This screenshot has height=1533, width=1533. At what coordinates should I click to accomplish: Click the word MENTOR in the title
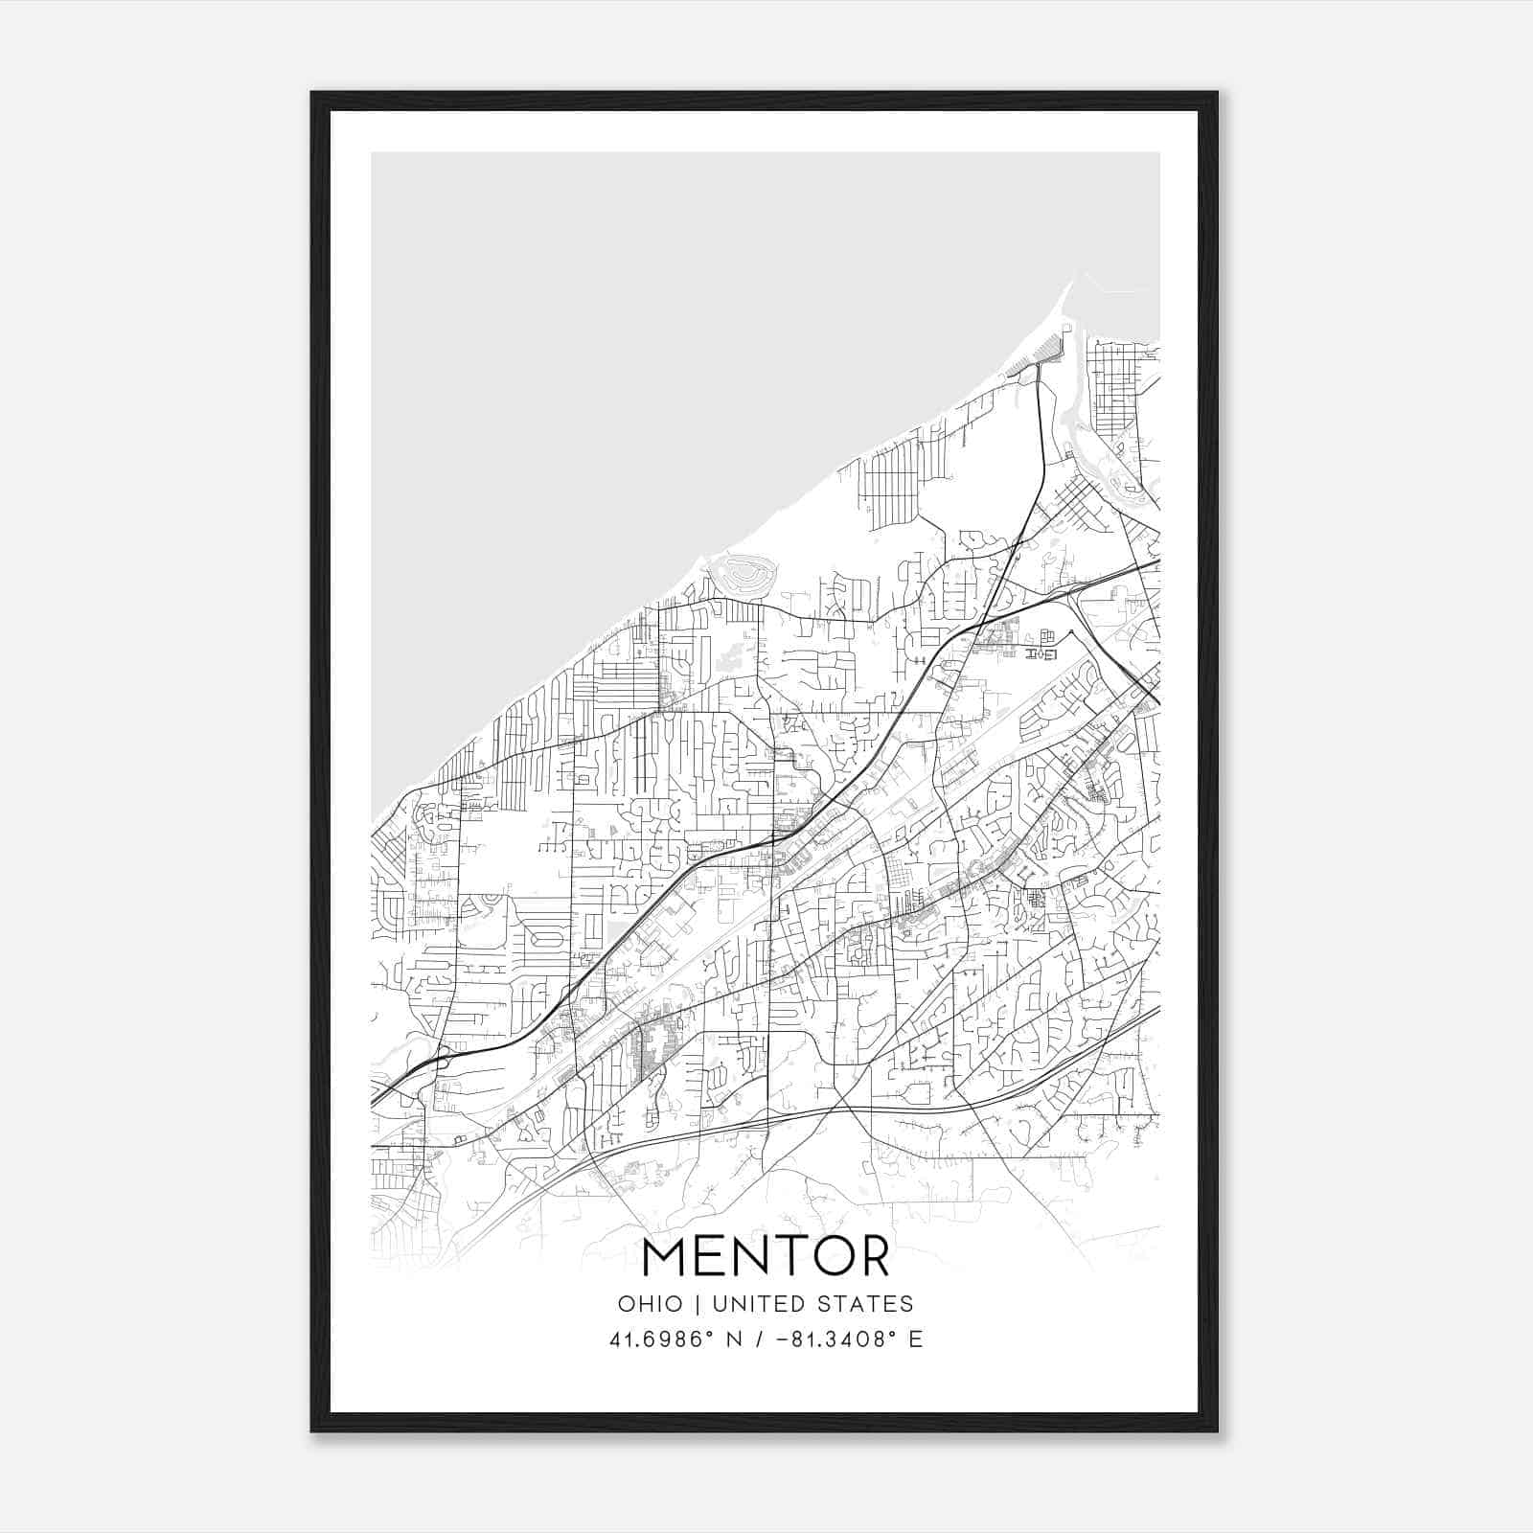tap(766, 1257)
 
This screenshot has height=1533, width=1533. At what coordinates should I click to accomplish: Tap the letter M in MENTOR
tap(664, 1257)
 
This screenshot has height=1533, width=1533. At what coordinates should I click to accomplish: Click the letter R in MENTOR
tap(873, 1257)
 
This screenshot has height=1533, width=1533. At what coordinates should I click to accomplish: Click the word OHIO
tap(651, 1304)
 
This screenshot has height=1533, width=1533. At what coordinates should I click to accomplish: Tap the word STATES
tap(869, 1304)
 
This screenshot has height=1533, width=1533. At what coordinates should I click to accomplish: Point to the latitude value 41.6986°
tap(664, 1339)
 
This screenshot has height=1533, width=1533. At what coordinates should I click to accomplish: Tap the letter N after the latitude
tap(735, 1339)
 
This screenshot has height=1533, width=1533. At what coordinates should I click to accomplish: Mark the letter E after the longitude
tap(916, 1339)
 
